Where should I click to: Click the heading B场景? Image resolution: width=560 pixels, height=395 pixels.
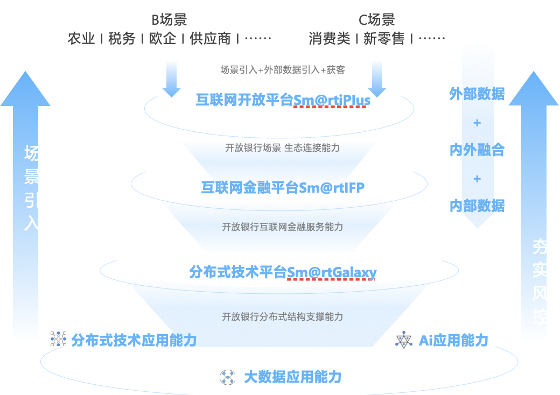(169, 20)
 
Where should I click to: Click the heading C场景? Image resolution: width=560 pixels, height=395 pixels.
(377, 20)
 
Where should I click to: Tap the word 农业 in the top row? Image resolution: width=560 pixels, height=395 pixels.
(81, 39)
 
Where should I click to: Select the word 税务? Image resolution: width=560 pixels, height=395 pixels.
(122, 39)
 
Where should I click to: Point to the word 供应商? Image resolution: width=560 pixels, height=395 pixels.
(210, 39)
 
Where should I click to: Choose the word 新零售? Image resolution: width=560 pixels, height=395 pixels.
(384, 39)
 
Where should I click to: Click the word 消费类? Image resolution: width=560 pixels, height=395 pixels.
(330, 39)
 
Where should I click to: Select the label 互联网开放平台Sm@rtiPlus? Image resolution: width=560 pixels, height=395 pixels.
(283, 101)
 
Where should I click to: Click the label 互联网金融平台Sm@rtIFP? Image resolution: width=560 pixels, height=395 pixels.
(283, 187)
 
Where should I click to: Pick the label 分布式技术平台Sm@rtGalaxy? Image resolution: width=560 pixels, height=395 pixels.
(283, 272)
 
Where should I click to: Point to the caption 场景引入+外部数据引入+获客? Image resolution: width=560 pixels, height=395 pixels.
(283, 69)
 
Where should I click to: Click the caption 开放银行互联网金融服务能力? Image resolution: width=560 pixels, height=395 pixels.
(283, 227)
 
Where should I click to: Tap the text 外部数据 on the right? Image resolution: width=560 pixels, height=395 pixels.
(477, 94)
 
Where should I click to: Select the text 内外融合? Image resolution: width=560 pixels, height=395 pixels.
(477, 150)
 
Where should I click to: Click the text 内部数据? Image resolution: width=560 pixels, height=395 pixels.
(477, 206)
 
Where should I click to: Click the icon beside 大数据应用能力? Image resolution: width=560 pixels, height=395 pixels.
(228, 377)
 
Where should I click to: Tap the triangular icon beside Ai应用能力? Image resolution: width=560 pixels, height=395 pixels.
(403, 340)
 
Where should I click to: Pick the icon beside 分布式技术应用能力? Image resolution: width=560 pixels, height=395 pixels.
(58, 339)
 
